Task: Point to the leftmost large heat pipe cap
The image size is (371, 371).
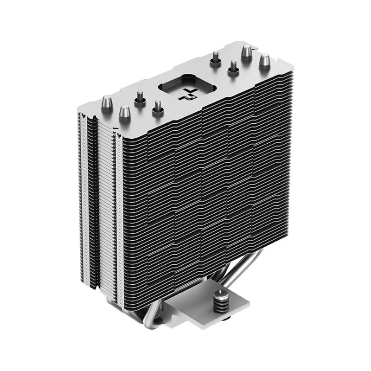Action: [x=107, y=101]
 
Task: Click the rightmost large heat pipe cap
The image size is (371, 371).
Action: [x=264, y=60]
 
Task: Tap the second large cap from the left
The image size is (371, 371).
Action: [x=124, y=112]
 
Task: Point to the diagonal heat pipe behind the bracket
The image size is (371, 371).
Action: [x=253, y=269]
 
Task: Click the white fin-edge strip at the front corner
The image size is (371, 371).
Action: [x=120, y=223]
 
